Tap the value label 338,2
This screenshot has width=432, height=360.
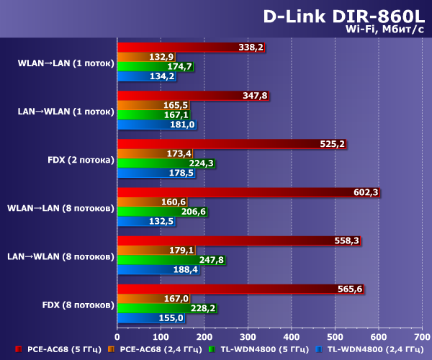pos(251,48)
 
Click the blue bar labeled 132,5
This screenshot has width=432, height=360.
pos(133,221)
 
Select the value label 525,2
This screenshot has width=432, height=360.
pos(333,144)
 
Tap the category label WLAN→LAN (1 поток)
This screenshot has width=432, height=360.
pos(66,63)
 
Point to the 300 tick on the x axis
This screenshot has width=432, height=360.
pos(248,336)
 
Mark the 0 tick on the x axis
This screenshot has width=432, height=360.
pos(117,336)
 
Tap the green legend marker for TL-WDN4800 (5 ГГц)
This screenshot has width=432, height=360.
pos(212,350)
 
